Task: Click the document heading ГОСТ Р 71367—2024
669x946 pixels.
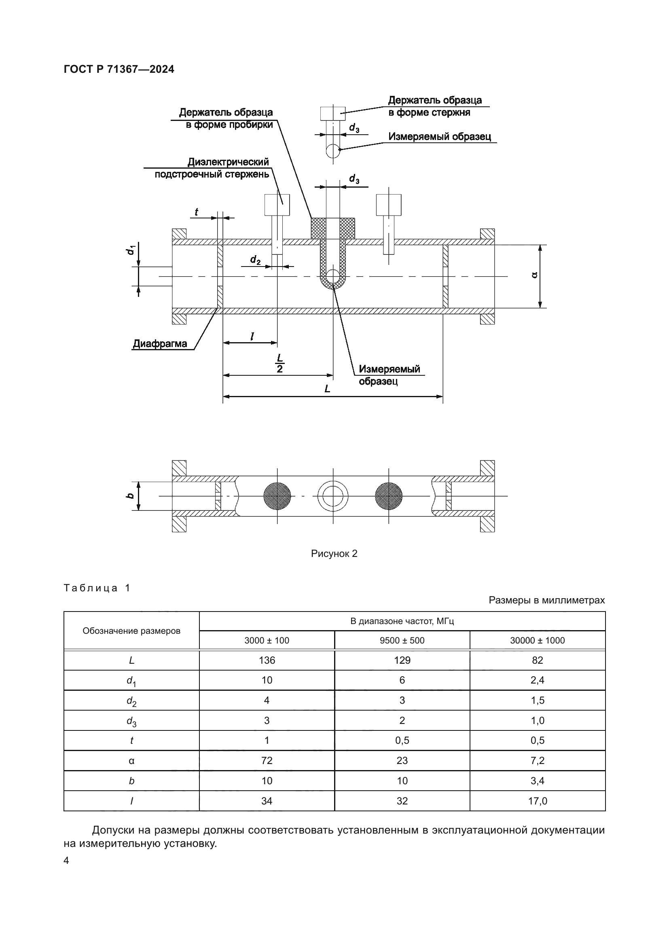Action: pyautogui.click(x=119, y=69)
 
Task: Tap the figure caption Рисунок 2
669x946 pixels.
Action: pyautogui.click(x=334, y=553)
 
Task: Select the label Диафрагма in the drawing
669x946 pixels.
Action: pyautogui.click(x=160, y=344)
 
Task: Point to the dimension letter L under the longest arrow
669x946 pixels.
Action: pyautogui.click(x=328, y=389)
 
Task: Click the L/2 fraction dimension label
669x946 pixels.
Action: pyautogui.click(x=280, y=363)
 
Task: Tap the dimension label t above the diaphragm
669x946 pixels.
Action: pyautogui.click(x=197, y=212)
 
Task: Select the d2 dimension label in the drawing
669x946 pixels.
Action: pyautogui.click(x=255, y=260)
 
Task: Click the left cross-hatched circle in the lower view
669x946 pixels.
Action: pyautogui.click(x=277, y=496)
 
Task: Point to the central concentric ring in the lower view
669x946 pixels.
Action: pyautogui.click(x=333, y=496)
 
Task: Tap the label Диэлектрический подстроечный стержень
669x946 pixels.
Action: pyautogui.click(x=212, y=168)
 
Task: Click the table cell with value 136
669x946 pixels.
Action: pyautogui.click(x=267, y=660)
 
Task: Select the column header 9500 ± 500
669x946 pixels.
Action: pyautogui.click(x=402, y=640)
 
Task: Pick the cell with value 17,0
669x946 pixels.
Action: pyautogui.click(x=537, y=800)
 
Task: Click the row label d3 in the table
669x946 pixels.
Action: pyautogui.click(x=131, y=721)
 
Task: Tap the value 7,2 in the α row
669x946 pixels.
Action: pyautogui.click(x=537, y=760)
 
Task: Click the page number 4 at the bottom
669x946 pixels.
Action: pyautogui.click(x=66, y=860)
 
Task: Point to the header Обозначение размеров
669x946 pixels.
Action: pyautogui.click(x=131, y=631)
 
